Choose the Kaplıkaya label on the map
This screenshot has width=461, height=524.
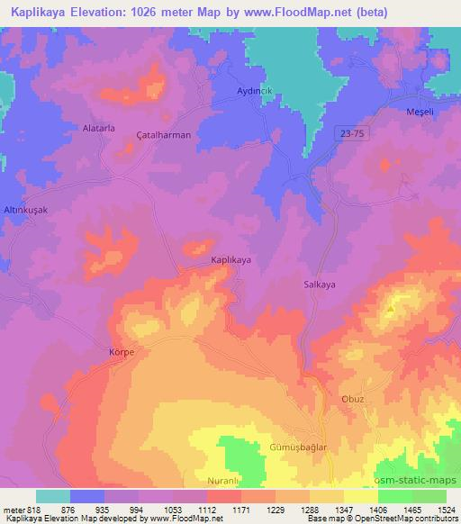[230, 259]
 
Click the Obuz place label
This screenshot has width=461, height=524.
[354, 401]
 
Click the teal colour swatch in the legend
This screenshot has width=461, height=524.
[53, 496]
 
